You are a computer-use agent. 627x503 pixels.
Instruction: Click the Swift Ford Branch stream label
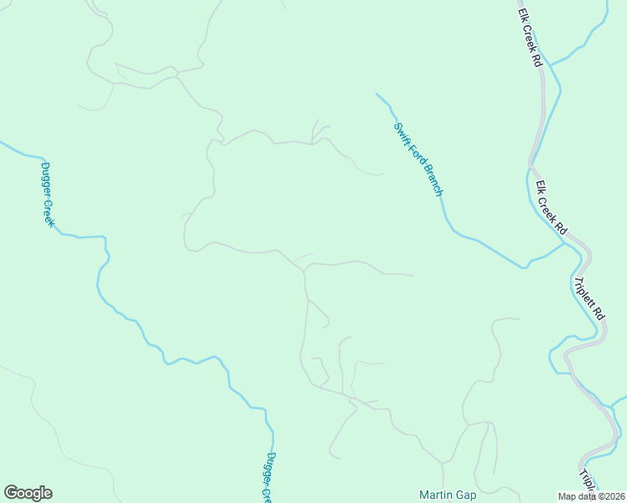click(x=418, y=159)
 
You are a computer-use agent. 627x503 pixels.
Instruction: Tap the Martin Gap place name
click(x=448, y=495)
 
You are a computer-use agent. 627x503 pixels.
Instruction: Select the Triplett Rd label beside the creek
click(x=589, y=298)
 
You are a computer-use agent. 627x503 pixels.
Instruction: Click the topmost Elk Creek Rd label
click(x=528, y=39)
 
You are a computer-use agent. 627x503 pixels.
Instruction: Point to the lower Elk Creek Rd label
click(x=552, y=208)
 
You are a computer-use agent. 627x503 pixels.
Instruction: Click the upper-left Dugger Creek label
click(x=48, y=194)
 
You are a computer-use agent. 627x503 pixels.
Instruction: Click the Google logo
click(x=28, y=493)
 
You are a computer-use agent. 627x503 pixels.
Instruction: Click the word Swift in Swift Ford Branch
click(x=401, y=133)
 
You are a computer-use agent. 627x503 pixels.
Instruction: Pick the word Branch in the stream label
click(x=433, y=179)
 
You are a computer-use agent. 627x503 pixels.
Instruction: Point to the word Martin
click(x=436, y=495)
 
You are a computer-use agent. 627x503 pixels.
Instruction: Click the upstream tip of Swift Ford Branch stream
click(x=376, y=94)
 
